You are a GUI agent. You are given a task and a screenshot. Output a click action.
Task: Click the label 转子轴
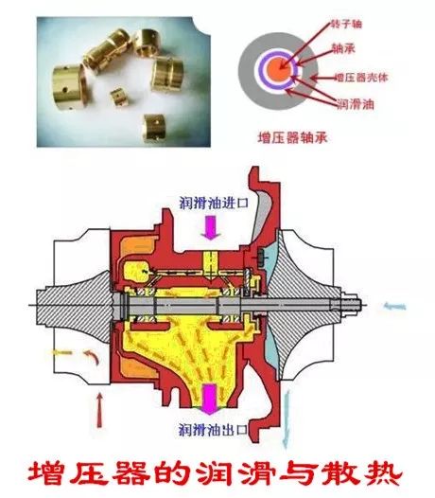pyautogui.click(x=346, y=24)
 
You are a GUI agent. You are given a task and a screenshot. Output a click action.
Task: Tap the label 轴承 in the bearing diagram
pyautogui.click(x=343, y=48)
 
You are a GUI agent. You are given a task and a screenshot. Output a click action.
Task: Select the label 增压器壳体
pyautogui.click(x=361, y=78)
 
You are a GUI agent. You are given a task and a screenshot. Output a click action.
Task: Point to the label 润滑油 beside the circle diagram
pyautogui.click(x=355, y=104)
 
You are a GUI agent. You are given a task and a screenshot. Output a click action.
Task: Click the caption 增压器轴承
pyautogui.click(x=292, y=138)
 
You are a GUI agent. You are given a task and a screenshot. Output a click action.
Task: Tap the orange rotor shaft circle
pyautogui.click(x=278, y=68)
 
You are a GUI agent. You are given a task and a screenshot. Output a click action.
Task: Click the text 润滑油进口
pyautogui.click(x=214, y=203)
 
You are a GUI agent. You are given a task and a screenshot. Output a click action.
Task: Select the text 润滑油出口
pyautogui.click(x=213, y=430)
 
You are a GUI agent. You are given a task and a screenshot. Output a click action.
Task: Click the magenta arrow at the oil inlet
pyautogui.click(x=210, y=227)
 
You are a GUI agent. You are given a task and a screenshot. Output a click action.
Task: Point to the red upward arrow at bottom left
pyautogui.click(x=99, y=410)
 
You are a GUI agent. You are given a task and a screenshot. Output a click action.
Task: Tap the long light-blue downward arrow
pyautogui.click(x=287, y=419)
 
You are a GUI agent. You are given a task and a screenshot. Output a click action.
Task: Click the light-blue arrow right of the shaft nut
pyautogui.click(x=394, y=307)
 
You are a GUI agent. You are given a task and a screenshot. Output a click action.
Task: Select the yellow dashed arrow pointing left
pyautogui.click(x=62, y=352)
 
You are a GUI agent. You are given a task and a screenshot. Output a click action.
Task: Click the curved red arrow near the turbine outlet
pyautogui.click(x=94, y=356)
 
